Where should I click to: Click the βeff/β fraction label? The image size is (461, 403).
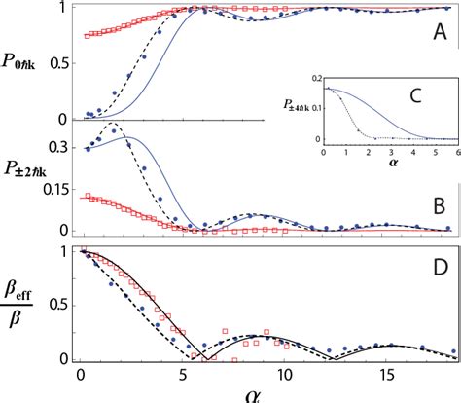26,307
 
